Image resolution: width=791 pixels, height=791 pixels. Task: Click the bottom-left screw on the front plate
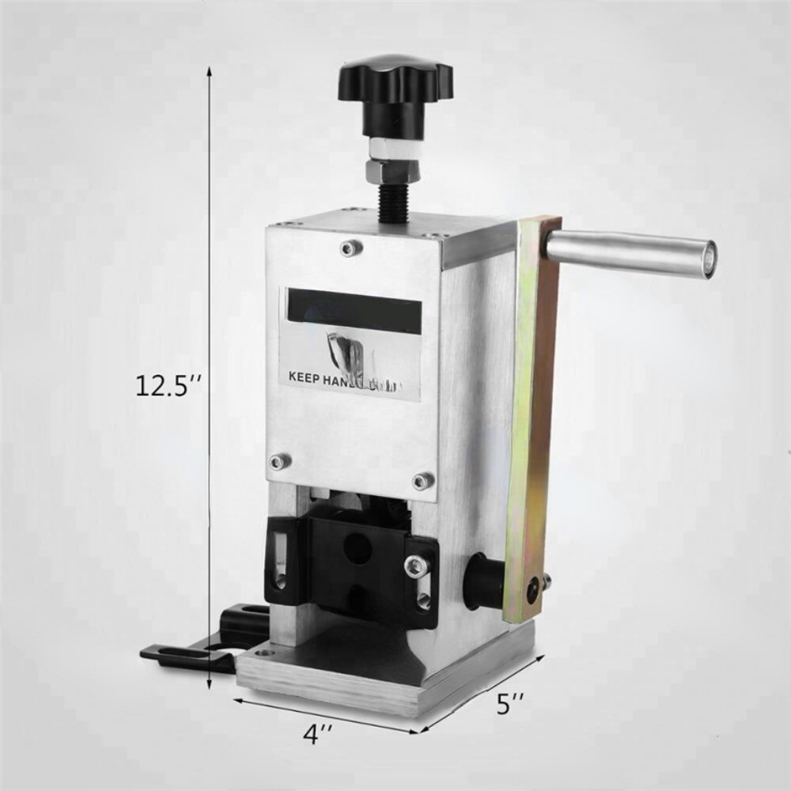[x=276, y=460]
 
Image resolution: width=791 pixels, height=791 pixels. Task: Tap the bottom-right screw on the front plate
[x=422, y=480]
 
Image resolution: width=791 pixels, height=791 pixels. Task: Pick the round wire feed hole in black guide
[x=358, y=546]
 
